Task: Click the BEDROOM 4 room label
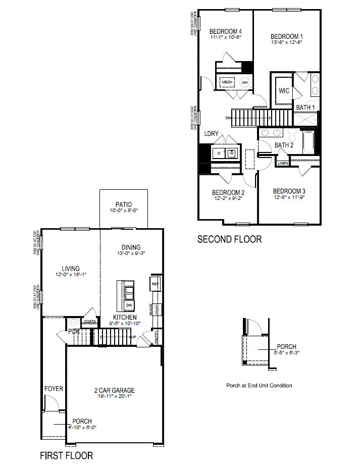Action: point(225,31)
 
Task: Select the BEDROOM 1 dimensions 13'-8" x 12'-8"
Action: point(287,43)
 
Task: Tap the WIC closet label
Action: point(284,91)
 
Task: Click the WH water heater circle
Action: point(245,82)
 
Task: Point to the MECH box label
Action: point(227,82)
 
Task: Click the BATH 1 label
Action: point(305,108)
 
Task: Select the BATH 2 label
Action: point(284,145)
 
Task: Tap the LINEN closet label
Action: point(283,164)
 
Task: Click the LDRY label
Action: point(211,134)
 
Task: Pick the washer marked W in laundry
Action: point(232,153)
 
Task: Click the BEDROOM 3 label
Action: point(289,191)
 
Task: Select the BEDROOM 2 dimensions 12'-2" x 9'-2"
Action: point(228,199)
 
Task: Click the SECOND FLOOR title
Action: point(229,239)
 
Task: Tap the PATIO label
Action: point(124,205)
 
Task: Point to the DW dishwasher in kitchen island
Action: point(129,305)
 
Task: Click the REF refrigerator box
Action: point(155,285)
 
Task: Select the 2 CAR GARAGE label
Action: point(115,390)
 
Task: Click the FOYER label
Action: point(54,389)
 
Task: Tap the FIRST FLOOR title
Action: point(67,455)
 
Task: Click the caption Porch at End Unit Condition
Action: point(259,386)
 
